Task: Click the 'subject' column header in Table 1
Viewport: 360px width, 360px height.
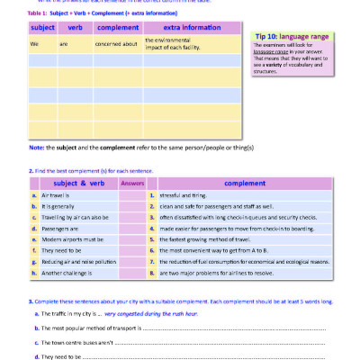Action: point(42,28)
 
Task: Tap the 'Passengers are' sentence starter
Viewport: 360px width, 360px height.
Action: point(58,229)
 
